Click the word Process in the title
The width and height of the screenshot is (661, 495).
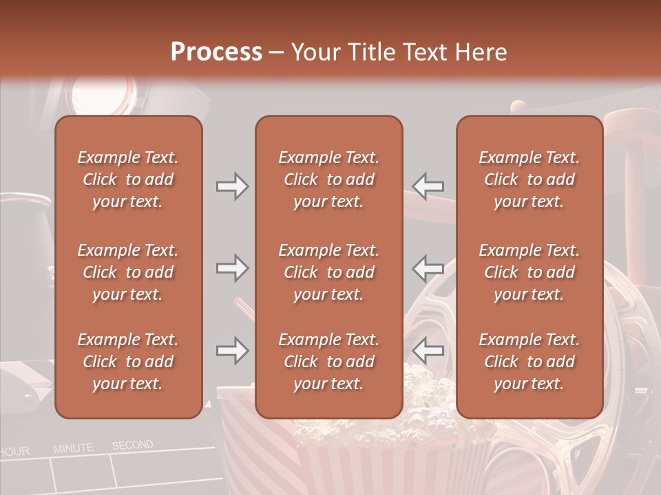216,52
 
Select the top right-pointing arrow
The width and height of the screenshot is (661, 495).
232,186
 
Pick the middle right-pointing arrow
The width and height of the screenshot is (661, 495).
232,268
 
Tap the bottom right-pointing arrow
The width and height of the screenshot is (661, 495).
232,351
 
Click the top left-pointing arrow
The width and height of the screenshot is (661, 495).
428,186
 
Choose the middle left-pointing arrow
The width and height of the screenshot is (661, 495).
428,268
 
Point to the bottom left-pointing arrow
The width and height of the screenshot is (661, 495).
428,351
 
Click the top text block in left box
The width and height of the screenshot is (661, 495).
128,179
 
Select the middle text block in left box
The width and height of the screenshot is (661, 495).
128,272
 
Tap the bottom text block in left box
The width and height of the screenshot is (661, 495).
128,362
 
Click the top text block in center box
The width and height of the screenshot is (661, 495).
328,179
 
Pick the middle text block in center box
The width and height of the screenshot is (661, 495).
328,272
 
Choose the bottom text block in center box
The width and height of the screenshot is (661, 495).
328,362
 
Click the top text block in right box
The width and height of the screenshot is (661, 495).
529,179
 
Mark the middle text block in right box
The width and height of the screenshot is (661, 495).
529,272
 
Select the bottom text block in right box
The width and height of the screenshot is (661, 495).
529,362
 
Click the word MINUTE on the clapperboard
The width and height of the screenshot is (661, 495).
73,448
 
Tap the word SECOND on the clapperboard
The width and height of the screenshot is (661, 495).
132,445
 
